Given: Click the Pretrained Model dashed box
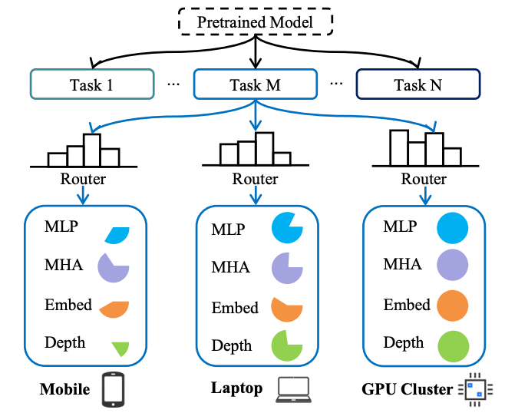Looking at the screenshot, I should pos(254,22).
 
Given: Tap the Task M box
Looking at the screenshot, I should pos(255,84).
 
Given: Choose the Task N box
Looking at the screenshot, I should pos(418,84).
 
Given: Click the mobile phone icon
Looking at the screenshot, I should pos(114,390).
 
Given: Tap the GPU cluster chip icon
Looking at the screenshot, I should pos(473,389).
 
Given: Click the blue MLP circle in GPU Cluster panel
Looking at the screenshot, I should pos(452,229).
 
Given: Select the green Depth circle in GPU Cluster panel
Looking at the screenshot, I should pos(452,345).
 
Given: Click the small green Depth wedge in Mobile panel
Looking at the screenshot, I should pos(119,348).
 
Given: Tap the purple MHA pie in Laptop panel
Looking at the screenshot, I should pos(287,269).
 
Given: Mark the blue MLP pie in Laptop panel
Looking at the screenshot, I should pos(287,229).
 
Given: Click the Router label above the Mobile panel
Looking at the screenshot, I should pos(83,180).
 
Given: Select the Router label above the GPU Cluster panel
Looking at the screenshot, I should pos(424,180).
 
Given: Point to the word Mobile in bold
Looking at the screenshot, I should pos(65,388).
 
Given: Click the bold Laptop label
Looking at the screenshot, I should pos(236,388).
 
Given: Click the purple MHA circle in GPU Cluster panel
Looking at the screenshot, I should pos(452,266).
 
